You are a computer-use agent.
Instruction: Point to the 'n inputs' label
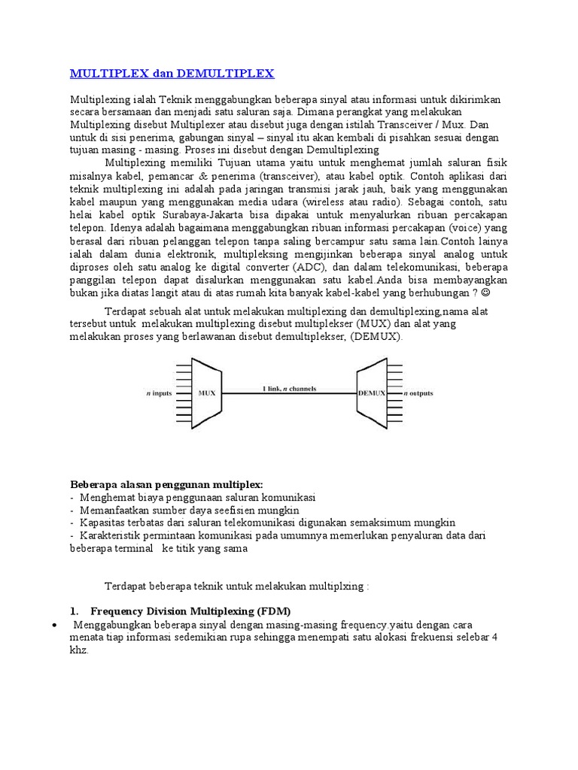tap(160, 393)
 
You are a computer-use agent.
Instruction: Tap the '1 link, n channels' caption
tap(290, 388)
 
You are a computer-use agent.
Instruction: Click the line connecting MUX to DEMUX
tap(290, 393)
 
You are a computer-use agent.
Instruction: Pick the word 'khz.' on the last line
tap(79, 651)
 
